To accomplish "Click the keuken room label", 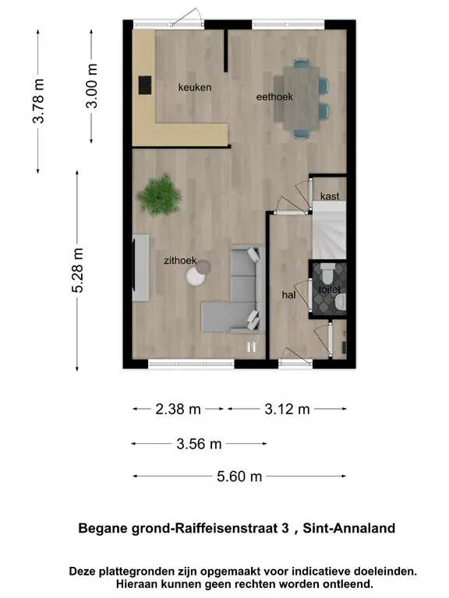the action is (195, 87).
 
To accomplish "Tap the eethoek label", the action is (274, 97).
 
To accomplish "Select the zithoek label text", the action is (180, 261).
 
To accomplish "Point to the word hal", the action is (288, 294).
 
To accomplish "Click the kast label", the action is (330, 196).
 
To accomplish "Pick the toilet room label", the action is (330, 290).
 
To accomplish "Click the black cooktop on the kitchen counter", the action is (145, 85).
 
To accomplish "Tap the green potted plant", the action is (160, 195).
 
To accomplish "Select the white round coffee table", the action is (196, 276).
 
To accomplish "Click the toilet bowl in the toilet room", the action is (327, 272).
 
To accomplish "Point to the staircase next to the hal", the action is (330, 230).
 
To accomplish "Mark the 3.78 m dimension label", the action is (38, 101).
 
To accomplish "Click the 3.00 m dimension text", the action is (92, 86).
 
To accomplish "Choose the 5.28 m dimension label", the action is (77, 270).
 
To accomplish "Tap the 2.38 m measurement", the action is (178, 410).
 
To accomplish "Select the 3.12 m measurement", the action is (287, 410).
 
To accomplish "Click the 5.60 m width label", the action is (239, 477).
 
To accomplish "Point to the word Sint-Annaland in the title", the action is (349, 528).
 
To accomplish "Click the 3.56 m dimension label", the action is (199, 444).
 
